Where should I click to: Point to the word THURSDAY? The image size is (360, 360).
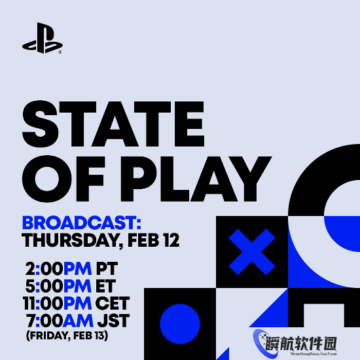(69, 240)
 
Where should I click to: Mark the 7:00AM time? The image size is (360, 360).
(59, 321)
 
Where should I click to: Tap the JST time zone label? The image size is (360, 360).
(112, 321)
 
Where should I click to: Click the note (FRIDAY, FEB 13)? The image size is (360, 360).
(66, 336)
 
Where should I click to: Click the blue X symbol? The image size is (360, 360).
(252, 252)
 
